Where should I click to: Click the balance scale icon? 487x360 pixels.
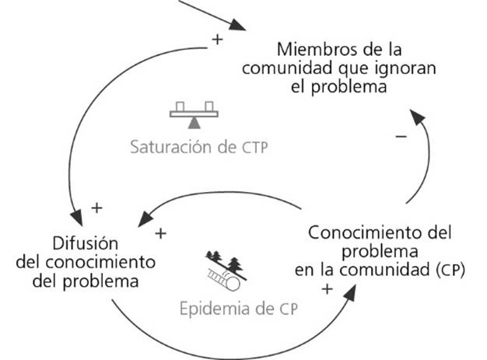[x=195, y=113]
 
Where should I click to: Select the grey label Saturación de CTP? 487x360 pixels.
[x=198, y=147]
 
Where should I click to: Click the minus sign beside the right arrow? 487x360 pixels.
[x=401, y=136]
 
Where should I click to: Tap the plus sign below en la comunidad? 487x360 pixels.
[x=327, y=289]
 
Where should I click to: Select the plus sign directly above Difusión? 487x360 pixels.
[x=96, y=208]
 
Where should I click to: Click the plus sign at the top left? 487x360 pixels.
[x=217, y=37]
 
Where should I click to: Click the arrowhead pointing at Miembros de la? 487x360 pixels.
[x=246, y=29]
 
